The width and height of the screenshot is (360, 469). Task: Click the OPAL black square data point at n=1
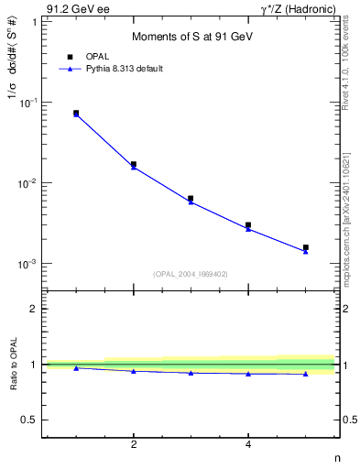point(76,113)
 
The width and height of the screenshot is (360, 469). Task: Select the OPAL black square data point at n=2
point(134,164)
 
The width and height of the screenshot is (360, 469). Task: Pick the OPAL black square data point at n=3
point(191,198)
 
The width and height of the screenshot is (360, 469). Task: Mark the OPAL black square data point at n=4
point(248,224)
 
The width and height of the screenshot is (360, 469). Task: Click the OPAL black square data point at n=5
point(306,247)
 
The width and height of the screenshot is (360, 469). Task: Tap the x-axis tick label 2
point(134,445)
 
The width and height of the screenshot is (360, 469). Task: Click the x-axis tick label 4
point(248,445)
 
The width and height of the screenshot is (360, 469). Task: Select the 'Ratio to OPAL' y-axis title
point(13,365)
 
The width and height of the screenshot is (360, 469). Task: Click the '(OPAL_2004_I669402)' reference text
point(190,273)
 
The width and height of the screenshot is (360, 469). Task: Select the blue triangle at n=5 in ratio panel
point(306,374)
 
